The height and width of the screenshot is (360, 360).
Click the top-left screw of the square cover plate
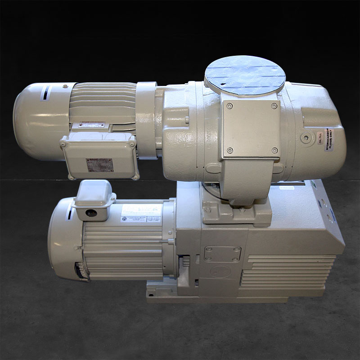coord(230,106)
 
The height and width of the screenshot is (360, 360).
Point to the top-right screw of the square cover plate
coord(274,106)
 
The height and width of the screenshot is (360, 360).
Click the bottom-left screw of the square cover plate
coord(229,150)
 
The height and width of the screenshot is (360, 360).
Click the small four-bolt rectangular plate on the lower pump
coord(222,253)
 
